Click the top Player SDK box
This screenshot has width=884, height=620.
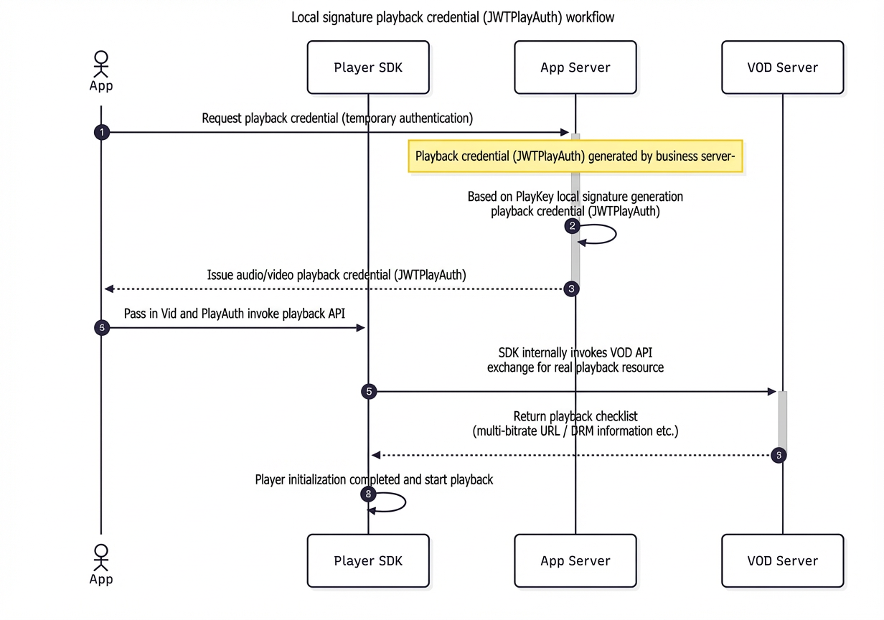tap(368, 67)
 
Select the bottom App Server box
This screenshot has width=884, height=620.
tap(575, 560)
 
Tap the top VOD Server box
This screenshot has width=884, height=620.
tap(783, 67)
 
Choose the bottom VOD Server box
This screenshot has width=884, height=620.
tap(783, 560)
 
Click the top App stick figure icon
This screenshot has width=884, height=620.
tap(101, 64)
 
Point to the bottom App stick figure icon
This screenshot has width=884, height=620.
tap(101, 558)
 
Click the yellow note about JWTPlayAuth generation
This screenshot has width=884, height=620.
tap(575, 156)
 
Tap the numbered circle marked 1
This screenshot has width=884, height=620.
tap(102, 132)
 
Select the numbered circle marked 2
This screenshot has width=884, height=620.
tap(573, 226)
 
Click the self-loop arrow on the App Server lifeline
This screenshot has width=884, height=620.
tap(616, 234)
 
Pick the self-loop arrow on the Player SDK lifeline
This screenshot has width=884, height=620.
tap(405, 502)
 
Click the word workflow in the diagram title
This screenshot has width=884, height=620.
tap(590, 17)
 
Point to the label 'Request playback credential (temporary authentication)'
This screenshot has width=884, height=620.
tap(337, 118)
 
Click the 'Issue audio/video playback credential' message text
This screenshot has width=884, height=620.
tap(337, 275)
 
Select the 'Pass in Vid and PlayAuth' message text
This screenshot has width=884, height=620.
tap(235, 314)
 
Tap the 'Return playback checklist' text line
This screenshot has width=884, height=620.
tap(575, 416)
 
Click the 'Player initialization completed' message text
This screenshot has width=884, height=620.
tap(374, 479)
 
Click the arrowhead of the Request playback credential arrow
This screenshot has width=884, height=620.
tap(565, 132)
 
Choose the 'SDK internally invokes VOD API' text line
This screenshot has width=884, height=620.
tap(575, 352)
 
